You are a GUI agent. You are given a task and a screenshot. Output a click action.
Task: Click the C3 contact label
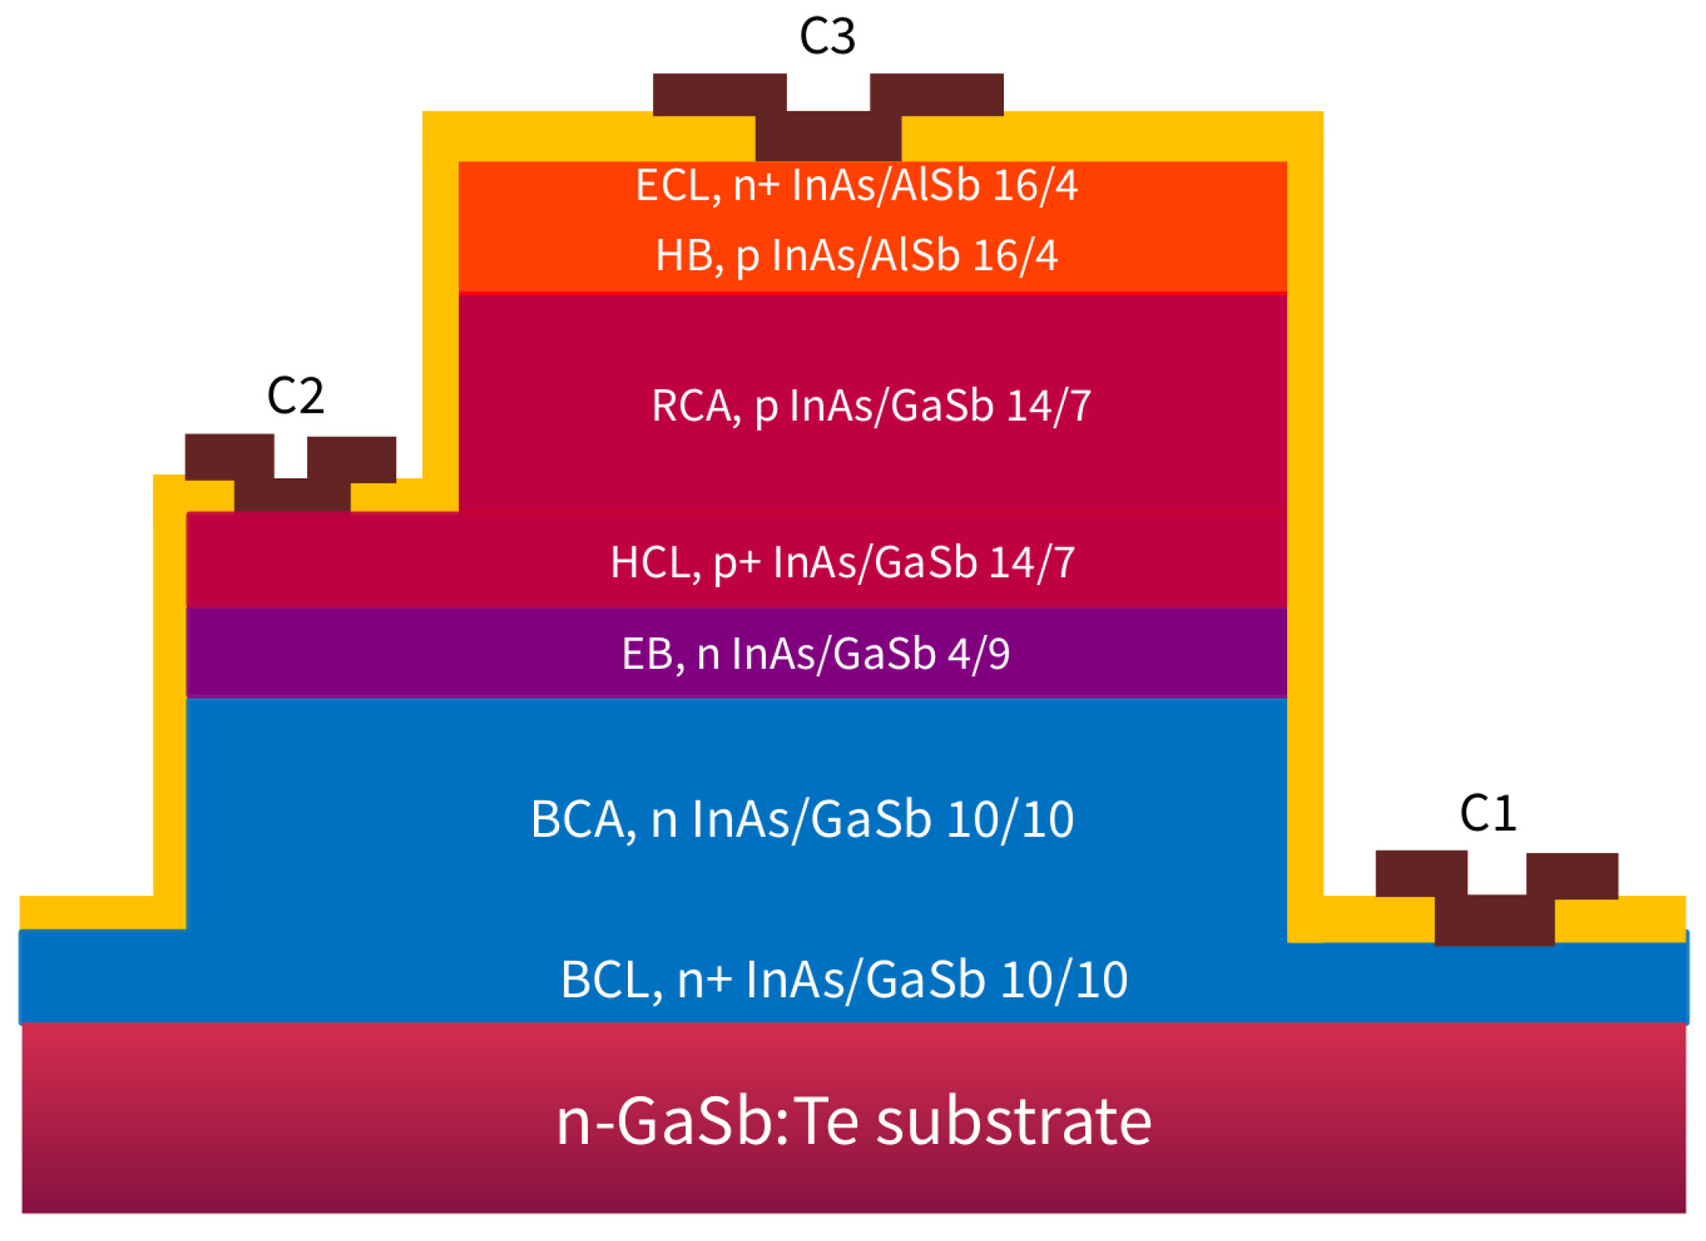(827, 37)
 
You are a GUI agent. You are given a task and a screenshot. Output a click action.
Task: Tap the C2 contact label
(295, 396)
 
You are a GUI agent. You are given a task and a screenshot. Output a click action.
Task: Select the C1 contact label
(1488, 814)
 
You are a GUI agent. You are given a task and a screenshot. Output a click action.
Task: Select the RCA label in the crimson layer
(695, 406)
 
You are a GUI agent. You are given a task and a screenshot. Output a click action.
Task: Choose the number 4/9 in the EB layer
(978, 654)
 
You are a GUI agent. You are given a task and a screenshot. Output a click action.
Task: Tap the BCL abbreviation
(611, 979)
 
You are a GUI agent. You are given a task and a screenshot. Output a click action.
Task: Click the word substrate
(1013, 1121)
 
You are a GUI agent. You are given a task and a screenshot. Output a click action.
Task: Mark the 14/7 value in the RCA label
(1048, 406)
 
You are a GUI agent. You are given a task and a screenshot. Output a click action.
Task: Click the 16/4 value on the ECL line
(1035, 186)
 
